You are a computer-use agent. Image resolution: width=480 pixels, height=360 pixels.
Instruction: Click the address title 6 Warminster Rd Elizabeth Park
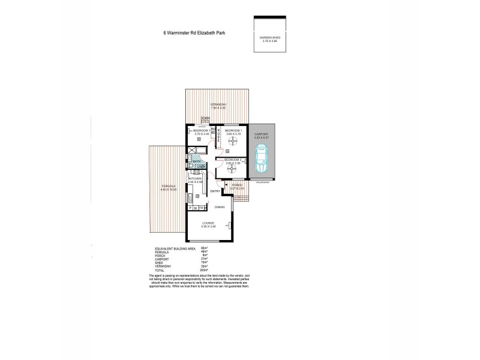(194, 34)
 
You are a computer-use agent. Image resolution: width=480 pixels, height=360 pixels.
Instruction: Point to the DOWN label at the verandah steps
(205, 118)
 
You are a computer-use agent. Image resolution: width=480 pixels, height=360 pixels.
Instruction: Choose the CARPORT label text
(262, 134)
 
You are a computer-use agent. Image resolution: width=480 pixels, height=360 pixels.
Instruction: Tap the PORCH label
(238, 185)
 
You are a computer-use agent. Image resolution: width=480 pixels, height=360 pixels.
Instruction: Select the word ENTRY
(215, 191)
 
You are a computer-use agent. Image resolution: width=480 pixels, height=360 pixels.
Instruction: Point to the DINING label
(220, 207)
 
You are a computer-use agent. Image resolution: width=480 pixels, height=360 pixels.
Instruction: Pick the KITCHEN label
(194, 179)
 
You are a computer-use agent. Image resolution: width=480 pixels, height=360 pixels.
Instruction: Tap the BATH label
(196, 161)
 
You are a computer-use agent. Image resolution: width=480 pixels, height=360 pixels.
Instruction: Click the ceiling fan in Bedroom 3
(232, 169)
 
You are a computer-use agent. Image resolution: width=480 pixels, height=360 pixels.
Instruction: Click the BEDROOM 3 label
(233, 160)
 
